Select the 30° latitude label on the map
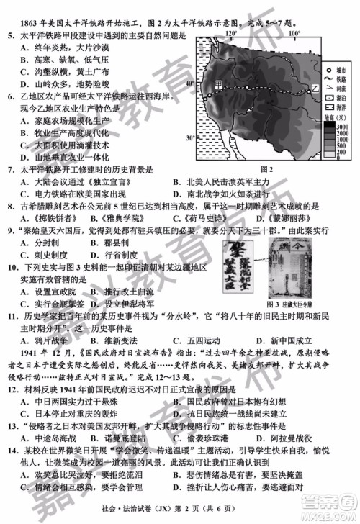[190, 137]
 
